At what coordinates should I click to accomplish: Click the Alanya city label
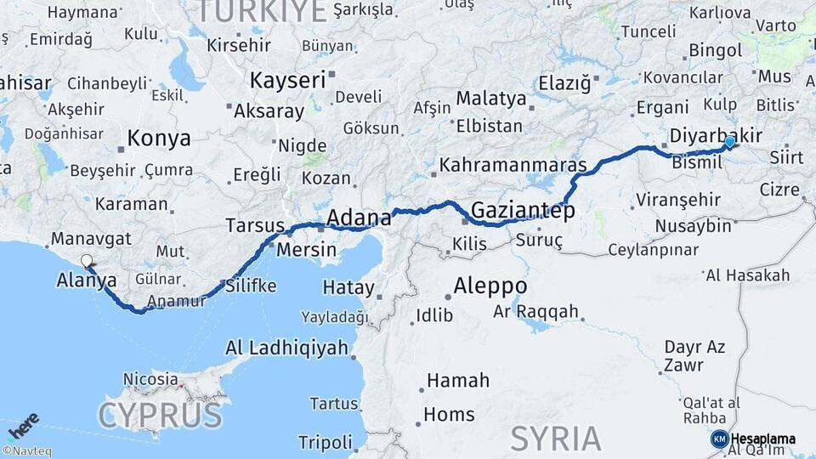point(87,280)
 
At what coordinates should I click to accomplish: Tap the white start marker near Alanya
point(86,262)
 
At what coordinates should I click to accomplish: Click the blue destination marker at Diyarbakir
point(729,143)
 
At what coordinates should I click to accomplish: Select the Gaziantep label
point(522,209)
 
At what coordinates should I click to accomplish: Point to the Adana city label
point(358,216)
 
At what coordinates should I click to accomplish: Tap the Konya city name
point(159,139)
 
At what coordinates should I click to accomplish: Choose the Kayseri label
point(287,81)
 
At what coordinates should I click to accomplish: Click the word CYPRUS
point(160,416)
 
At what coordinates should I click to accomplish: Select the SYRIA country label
point(555,439)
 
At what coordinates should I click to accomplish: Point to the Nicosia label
point(150,378)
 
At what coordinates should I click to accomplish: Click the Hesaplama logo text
point(763,439)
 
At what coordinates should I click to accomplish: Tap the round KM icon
point(719,439)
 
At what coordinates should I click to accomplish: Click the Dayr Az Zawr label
point(694,355)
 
